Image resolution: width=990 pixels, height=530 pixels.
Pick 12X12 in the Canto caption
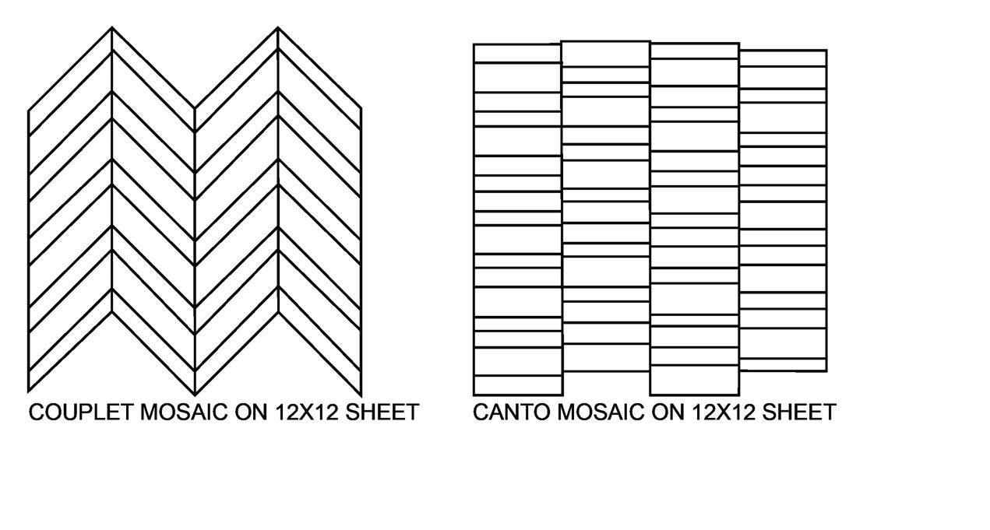724,412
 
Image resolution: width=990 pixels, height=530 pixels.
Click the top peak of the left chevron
112,28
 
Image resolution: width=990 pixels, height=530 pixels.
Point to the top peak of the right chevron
278,28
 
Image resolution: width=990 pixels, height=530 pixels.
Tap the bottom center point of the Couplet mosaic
195,393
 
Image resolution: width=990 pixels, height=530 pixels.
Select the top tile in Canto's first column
517,53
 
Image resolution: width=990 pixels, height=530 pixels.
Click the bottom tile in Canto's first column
517,385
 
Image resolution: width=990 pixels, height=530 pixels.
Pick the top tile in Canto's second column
605,54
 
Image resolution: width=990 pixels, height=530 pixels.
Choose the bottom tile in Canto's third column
694,380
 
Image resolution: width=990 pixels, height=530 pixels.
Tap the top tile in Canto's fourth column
782,58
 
